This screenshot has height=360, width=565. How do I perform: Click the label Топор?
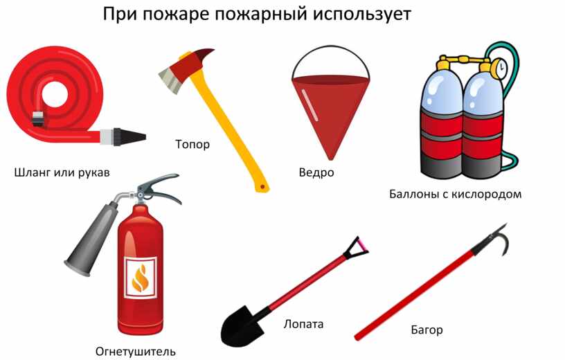click(x=192, y=145)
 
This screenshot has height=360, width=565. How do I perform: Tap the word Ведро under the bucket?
click(x=316, y=172)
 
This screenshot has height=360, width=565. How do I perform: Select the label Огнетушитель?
click(x=136, y=352)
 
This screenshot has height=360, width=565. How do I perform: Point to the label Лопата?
click(x=303, y=324)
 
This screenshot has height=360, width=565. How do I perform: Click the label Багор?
click(x=427, y=330)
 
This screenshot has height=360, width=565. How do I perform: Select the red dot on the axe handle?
click(x=262, y=187)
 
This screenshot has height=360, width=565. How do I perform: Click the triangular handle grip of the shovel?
click(x=356, y=248)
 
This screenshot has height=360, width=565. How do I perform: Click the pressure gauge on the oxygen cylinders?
click(x=500, y=68)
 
